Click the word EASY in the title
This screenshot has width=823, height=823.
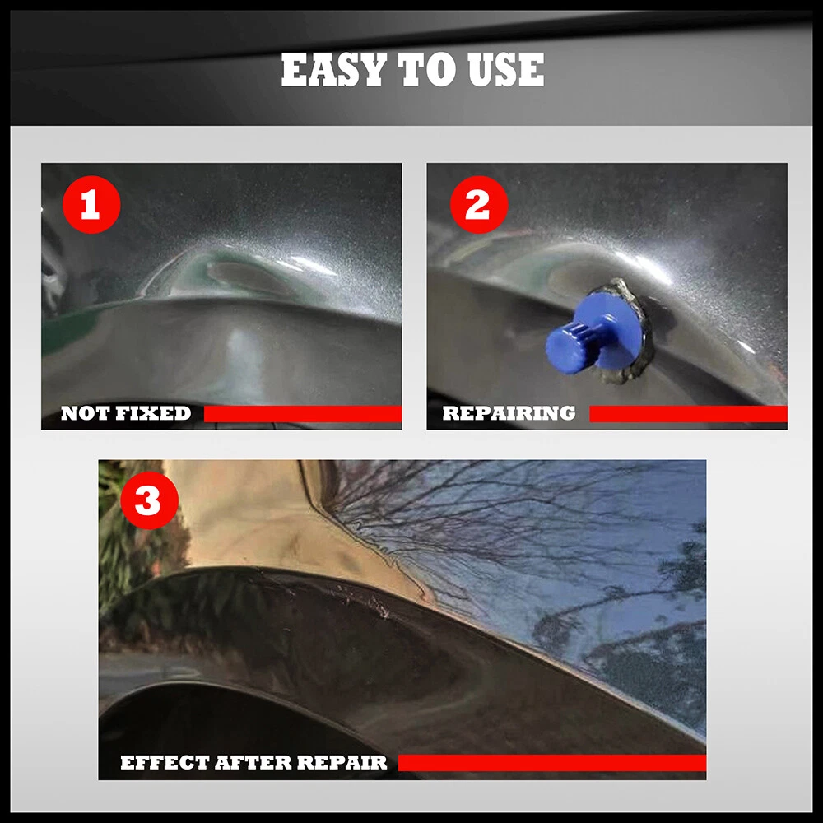334,70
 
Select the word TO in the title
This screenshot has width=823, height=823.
427,70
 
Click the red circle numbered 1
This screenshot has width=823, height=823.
91,205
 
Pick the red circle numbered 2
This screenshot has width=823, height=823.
479,205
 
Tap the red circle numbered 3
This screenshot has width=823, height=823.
150,500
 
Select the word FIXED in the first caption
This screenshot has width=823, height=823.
153,414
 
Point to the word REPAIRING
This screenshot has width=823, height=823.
509,414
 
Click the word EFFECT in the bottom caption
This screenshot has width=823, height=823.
165,763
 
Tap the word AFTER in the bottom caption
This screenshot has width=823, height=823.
253,763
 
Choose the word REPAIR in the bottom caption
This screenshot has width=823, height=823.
342,763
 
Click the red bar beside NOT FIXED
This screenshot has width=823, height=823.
303,414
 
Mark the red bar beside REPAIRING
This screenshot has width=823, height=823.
688,414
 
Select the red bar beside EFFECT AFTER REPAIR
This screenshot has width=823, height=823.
552,763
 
